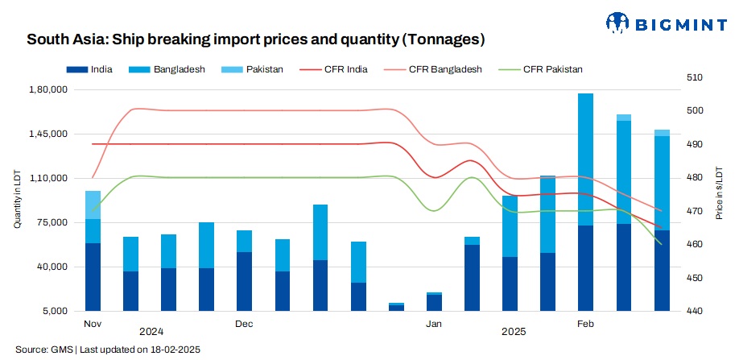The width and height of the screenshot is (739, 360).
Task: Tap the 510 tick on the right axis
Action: [x=695, y=77]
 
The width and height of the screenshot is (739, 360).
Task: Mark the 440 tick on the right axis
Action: [x=695, y=311]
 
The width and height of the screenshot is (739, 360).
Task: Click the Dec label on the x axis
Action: [x=244, y=324]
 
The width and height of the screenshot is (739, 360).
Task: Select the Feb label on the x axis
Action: [x=587, y=324]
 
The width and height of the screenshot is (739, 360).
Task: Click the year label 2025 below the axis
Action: [x=514, y=332]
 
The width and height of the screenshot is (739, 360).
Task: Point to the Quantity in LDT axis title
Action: [x=17, y=201]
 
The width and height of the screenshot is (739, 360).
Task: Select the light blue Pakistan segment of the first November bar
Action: [x=93, y=205]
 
